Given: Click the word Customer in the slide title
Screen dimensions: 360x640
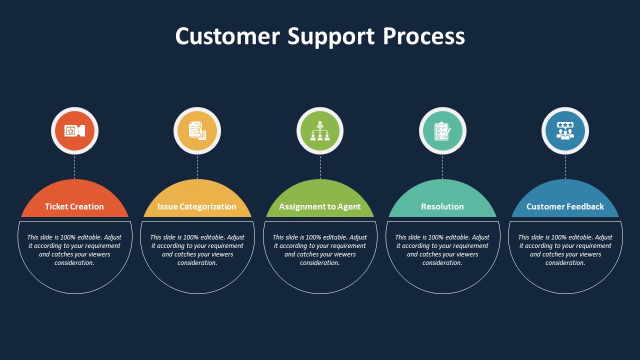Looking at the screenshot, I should [x=227, y=36].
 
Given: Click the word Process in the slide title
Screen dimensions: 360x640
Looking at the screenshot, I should [x=424, y=36].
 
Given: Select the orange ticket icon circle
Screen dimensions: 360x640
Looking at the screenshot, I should [x=74, y=131].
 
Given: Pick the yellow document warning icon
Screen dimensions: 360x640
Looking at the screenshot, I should [x=197, y=131].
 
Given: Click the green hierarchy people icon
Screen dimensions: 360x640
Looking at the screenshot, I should [x=320, y=131].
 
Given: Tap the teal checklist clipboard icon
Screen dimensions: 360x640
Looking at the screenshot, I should [x=442, y=131].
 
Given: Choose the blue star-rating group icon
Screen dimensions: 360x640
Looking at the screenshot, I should [x=565, y=131].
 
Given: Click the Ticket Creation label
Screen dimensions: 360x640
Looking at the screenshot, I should [x=74, y=206].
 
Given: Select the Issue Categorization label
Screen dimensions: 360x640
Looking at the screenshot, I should [x=197, y=206].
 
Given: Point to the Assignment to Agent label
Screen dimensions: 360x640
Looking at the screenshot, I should [x=320, y=206].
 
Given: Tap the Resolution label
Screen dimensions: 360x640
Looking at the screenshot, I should [x=442, y=206].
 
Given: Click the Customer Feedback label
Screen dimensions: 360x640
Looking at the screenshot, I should [x=565, y=206].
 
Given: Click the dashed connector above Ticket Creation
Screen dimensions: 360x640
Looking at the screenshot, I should [x=75, y=167].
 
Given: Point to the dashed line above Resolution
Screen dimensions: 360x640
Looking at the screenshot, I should [x=442, y=167].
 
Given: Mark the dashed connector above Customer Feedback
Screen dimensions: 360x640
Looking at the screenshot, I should [x=565, y=167].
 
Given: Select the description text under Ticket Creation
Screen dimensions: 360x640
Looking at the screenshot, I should [x=74, y=250].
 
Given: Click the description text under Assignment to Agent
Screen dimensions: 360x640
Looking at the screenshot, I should [x=320, y=250].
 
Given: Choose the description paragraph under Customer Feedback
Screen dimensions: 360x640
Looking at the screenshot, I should [x=565, y=250].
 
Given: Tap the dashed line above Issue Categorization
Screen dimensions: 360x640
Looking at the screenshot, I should [x=197, y=167].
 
